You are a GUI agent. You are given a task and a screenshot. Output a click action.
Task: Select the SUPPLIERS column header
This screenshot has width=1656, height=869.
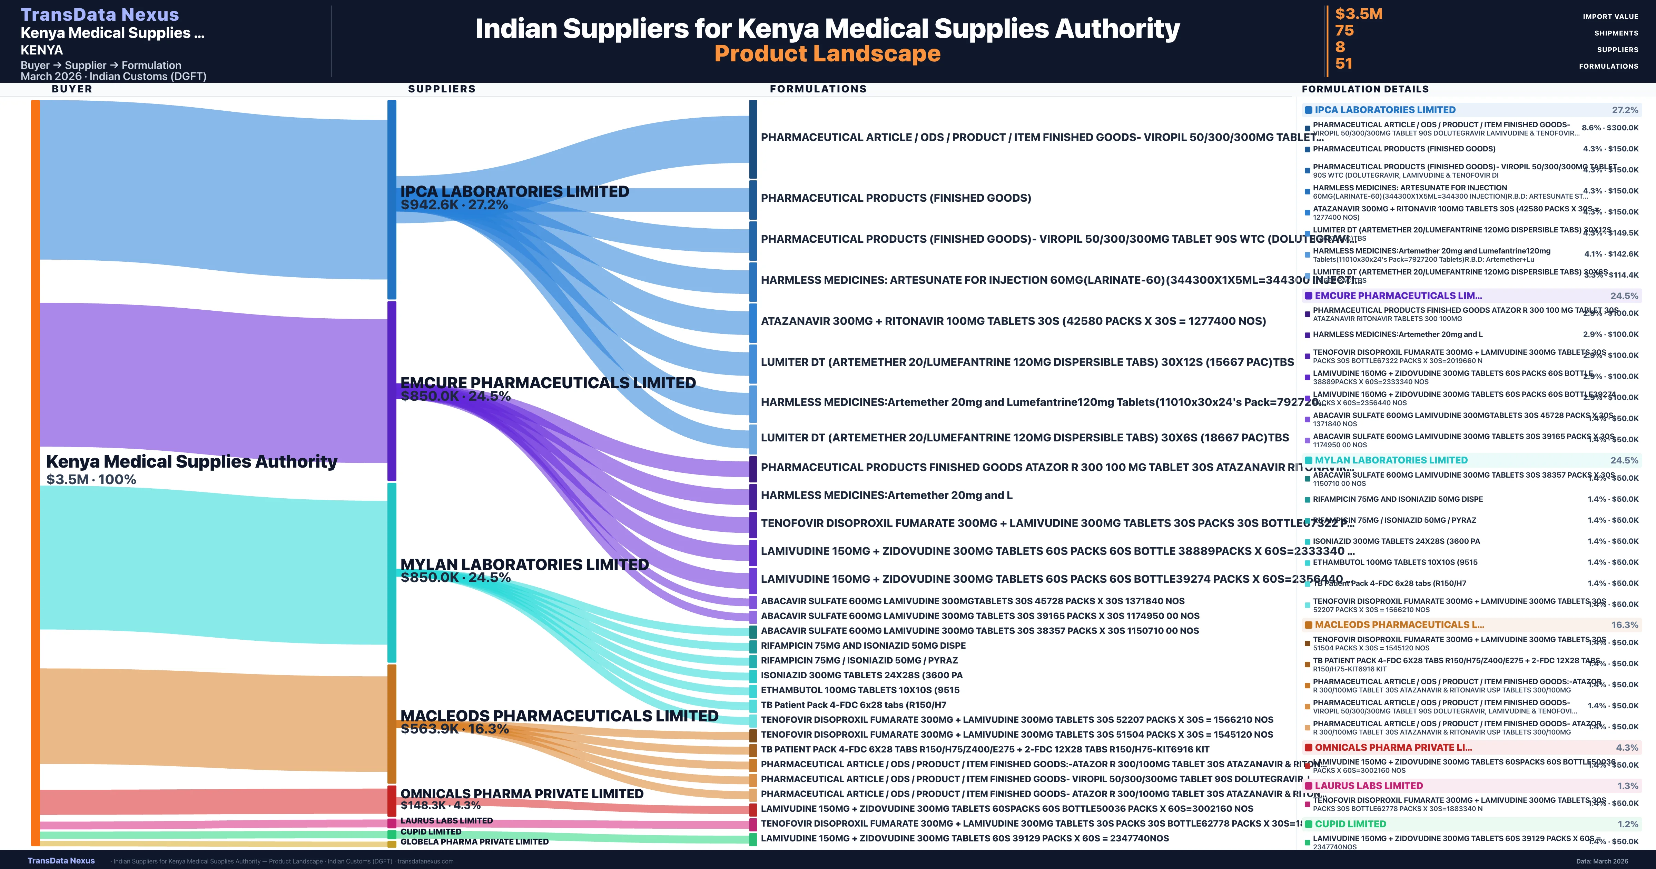tap(442, 89)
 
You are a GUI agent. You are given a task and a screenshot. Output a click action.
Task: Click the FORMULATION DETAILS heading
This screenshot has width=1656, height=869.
tap(1365, 89)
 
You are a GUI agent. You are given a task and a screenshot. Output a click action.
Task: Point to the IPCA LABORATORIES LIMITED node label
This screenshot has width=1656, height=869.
tap(514, 191)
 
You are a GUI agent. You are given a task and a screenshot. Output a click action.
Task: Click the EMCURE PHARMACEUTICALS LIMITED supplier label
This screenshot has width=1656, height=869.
tap(548, 383)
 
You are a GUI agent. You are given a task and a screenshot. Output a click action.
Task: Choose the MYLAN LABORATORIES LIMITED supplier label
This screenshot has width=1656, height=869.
tap(524, 565)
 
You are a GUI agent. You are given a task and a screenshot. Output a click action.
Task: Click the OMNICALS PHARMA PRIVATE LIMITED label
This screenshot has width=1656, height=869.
tap(521, 794)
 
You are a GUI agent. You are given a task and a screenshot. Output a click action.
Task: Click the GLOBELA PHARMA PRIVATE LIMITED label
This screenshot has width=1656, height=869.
tap(474, 841)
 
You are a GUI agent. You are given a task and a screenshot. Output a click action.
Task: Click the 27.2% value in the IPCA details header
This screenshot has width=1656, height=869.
tap(1625, 110)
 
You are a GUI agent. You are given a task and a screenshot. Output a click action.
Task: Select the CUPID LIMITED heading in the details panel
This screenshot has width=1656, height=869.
tap(1350, 824)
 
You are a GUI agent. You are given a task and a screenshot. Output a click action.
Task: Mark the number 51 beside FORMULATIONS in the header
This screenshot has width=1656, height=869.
tap(1343, 64)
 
